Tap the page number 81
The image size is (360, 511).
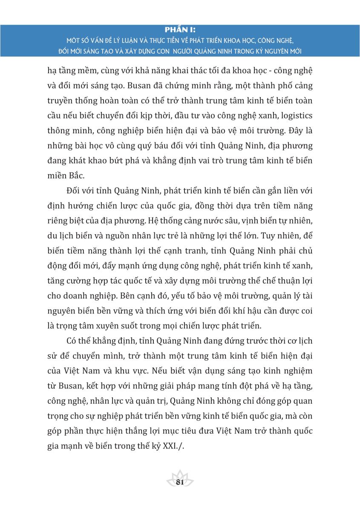(x=179, y=482)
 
